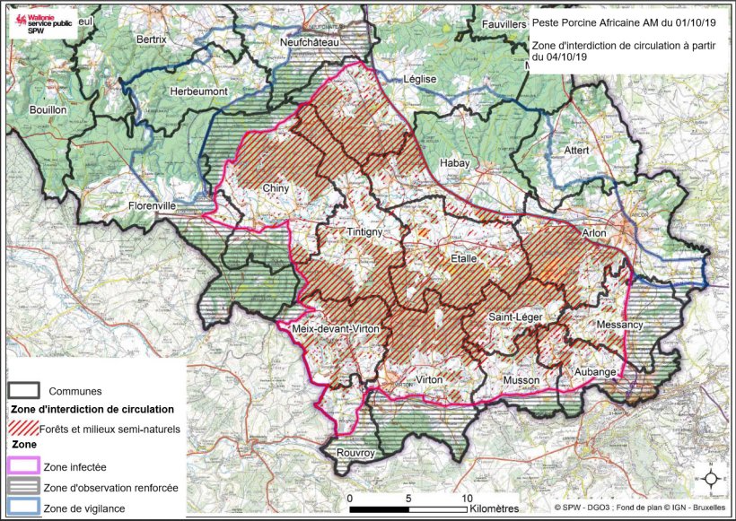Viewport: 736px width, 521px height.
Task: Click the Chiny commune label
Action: (x=276, y=188)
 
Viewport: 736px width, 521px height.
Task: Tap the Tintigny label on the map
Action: (x=365, y=232)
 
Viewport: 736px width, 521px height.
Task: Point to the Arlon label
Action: (x=594, y=233)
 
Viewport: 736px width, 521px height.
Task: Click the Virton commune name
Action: (x=428, y=380)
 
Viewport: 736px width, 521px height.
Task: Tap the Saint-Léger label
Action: (x=513, y=317)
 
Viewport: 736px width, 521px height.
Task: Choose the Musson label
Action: (x=521, y=380)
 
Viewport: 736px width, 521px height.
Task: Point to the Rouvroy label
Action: (x=355, y=454)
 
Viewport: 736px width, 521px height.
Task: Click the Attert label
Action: (x=577, y=150)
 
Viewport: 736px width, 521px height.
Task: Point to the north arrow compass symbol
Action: (x=711, y=479)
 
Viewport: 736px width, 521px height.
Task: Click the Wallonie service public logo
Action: (x=39, y=23)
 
